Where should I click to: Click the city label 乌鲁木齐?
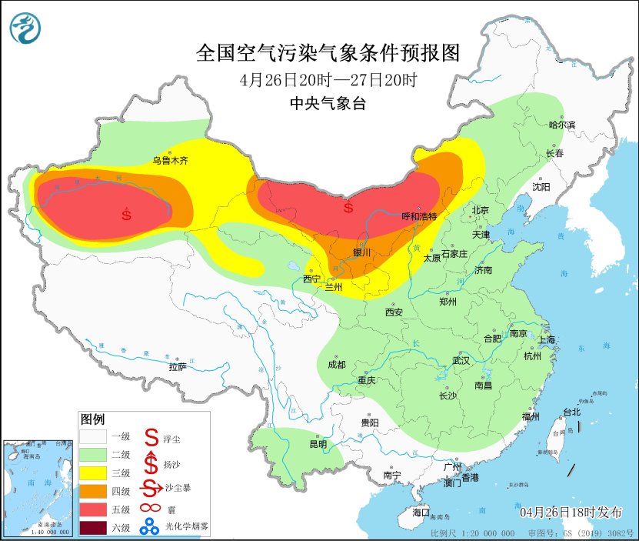click(x=169, y=161)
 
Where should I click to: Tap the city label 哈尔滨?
click(x=561, y=125)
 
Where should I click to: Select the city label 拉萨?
click(x=178, y=367)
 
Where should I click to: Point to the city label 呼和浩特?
click(x=419, y=217)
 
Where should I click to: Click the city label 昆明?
click(x=318, y=445)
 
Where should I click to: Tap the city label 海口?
click(x=421, y=512)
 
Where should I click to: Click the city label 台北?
click(x=572, y=412)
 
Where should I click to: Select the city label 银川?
click(x=361, y=252)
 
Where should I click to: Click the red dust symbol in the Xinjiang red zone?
click(x=127, y=214)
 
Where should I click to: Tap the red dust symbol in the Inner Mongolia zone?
click(x=348, y=207)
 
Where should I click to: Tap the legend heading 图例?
click(x=92, y=419)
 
